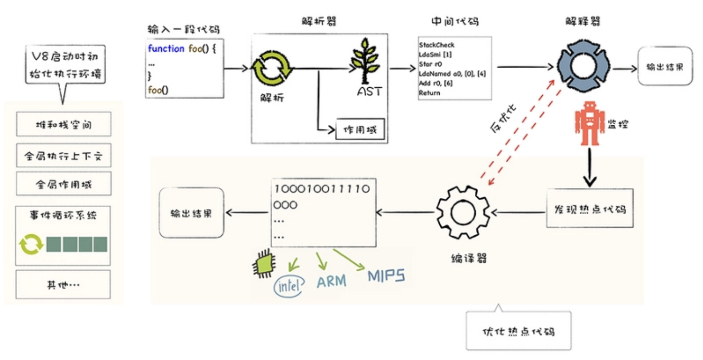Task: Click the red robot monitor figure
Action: [590, 123]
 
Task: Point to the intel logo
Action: [289, 286]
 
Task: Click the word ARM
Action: [331, 281]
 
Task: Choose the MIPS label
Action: [386, 276]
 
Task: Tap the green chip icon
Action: [264, 264]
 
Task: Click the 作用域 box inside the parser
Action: [360, 129]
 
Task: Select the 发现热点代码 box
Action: [590, 208]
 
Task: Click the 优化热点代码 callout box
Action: [519, 330]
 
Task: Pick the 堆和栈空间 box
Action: [64, 124]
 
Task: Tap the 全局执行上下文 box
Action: [64, 155]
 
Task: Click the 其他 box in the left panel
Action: [63, 285]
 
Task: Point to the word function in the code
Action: [166, 49]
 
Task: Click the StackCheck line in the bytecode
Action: [437, 45]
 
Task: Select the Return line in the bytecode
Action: [429, 93]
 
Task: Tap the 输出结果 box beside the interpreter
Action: [665, 66]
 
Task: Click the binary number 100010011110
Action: [322, 189]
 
